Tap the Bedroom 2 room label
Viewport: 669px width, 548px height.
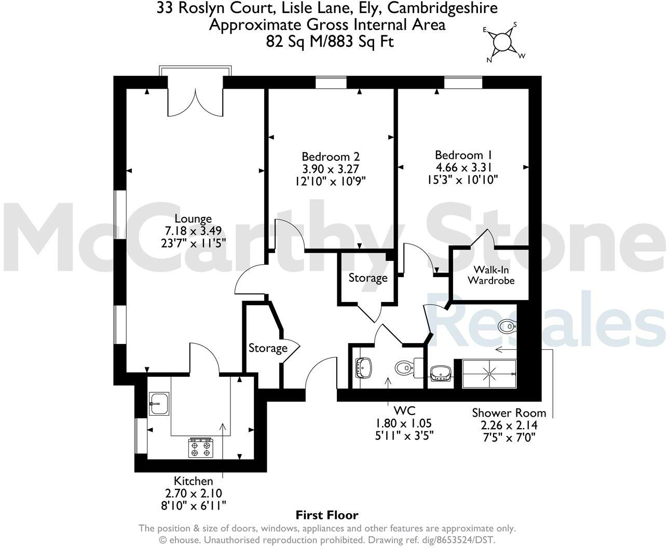coord(331,156)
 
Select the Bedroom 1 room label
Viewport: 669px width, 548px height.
coord(463,155)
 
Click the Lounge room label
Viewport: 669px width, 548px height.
coord(193,218)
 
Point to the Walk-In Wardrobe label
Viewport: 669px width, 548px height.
coord(491,275)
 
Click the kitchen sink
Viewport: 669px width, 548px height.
coord(158,403)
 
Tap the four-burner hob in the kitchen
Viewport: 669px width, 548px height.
coord(201,448)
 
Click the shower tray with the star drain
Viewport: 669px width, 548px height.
coord(489,374)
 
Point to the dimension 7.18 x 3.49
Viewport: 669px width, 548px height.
coord(193,230)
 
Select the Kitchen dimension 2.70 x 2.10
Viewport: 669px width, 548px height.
coord(193,493)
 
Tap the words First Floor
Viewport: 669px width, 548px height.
coord(327,515)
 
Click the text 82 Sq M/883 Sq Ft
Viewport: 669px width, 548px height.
coord(330,42)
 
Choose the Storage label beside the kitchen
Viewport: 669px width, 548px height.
coord(268,348)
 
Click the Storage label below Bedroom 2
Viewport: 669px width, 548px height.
coord(368,278)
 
